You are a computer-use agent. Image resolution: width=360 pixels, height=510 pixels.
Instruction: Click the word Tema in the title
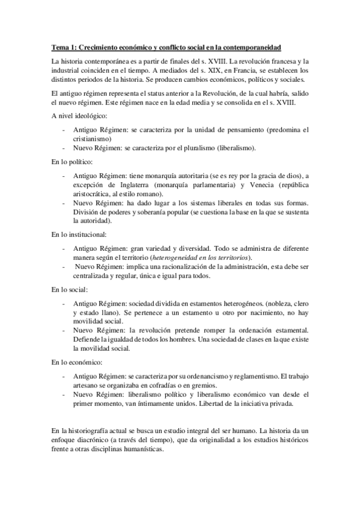click(x=59, y=47)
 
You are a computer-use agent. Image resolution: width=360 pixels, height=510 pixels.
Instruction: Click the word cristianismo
click(x=94, y=138)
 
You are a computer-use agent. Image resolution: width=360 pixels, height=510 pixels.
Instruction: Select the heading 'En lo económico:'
click(x=76, y=363)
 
